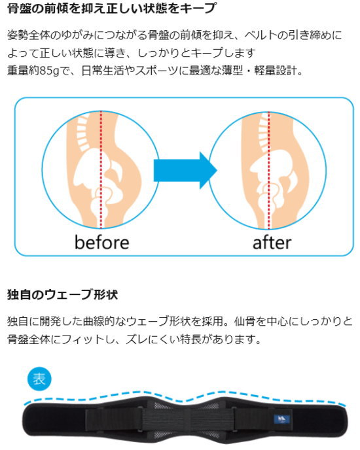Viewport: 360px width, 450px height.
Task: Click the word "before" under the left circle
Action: [x=101, y=243]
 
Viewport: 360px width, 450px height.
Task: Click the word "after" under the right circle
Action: [x=272, y=243]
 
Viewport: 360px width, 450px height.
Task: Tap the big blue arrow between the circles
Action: [x=185, y=171]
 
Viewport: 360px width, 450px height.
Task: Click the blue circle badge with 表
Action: [x=39, y=379]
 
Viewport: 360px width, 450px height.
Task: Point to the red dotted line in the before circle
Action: [x=101, y=169]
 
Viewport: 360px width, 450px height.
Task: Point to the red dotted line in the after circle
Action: [x=269, y=171]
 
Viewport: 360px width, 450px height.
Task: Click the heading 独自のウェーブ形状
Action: [x=62, y=295]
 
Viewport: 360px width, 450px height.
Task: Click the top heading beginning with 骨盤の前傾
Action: [x=111, y=8]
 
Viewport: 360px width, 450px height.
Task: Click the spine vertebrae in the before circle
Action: [x=83, y=133]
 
